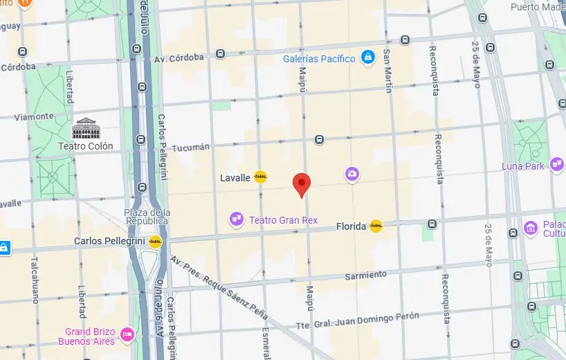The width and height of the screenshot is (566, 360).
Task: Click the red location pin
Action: (302, 184)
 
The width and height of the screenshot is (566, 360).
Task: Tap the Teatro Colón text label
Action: (85, 146)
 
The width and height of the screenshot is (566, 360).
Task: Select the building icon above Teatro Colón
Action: (86, 128)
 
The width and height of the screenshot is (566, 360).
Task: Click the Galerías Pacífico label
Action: (319, 59)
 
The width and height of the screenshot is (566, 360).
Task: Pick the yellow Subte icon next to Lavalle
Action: (261, 177)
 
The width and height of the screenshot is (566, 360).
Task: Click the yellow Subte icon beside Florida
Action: (376, 226)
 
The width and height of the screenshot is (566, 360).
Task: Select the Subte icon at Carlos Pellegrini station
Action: (156, 242)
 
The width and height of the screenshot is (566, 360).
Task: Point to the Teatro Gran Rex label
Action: (283, 220)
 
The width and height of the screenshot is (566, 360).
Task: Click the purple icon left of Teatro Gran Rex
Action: (237, 219)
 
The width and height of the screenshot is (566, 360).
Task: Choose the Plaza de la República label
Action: (146, 216)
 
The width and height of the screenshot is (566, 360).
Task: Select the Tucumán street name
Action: (190, 147)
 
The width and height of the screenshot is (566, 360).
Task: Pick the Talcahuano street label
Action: (34, 280)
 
